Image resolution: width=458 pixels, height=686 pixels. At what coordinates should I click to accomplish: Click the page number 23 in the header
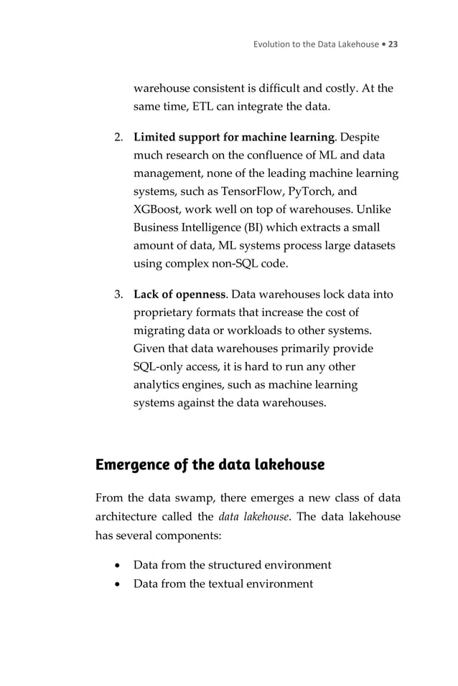[x=393, y=44]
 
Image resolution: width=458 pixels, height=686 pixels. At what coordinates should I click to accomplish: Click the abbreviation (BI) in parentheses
[x=248, y=229]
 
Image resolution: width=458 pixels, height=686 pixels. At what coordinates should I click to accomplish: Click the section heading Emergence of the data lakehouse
[x=210, y=465]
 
